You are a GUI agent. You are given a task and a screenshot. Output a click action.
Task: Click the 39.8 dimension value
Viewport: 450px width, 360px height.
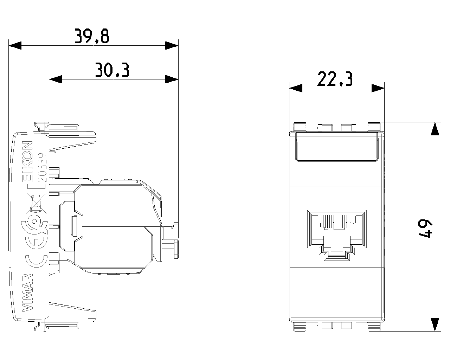92,36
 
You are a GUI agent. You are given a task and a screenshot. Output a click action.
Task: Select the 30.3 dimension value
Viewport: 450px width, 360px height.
112,70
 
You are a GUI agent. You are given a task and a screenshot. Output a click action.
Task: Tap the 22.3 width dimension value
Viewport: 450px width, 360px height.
335,79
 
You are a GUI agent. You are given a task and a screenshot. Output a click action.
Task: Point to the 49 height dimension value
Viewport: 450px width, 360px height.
425,229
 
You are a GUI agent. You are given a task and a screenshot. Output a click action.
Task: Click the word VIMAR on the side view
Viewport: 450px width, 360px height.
28,293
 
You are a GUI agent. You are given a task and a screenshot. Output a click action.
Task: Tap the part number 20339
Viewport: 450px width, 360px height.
43,167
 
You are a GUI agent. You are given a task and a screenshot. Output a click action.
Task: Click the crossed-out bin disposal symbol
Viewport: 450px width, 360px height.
36,204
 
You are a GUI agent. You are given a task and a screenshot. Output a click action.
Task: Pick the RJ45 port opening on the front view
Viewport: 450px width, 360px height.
337,235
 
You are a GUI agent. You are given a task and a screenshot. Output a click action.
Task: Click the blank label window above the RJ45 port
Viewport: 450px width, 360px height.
337,147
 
